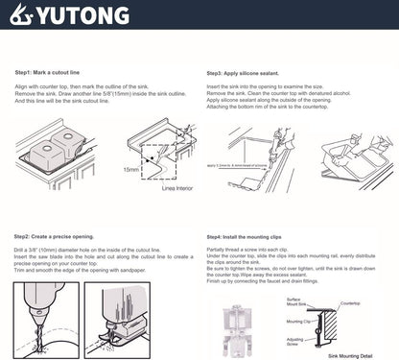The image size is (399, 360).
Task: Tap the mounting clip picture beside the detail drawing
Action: [229, 318]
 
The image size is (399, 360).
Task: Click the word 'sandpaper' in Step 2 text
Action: [155, 272]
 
